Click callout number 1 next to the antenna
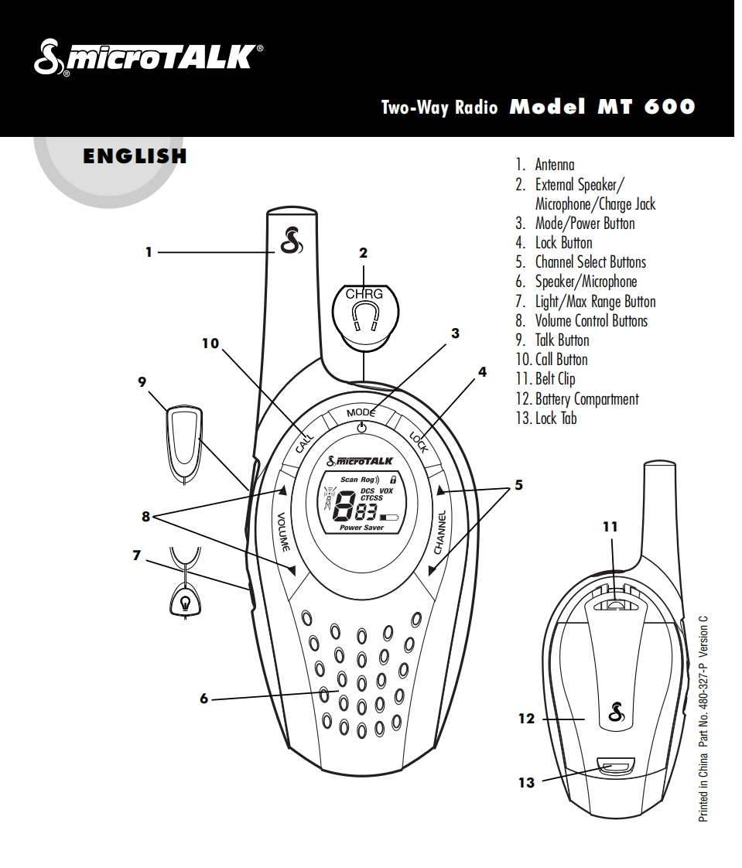tap(149, 251)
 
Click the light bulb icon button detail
tap(185, 602)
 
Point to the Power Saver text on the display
tap(362, 528)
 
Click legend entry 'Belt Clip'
tap(555, 379)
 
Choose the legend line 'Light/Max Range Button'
tap(595, 302)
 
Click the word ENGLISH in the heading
tap(135, 156)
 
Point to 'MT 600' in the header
tap(646, 107)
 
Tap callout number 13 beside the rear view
tap(526, 783)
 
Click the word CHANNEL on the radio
tap(439, 531)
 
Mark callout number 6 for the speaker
tap(204, 699)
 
